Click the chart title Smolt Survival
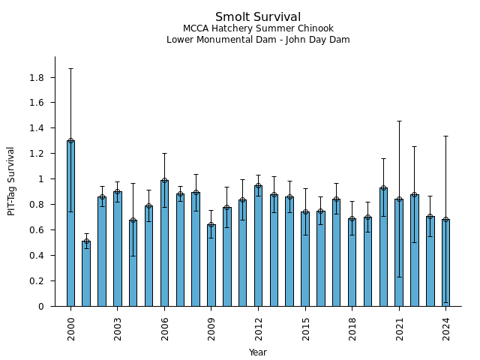tap(258, 17)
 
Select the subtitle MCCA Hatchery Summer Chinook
tap(258, 29)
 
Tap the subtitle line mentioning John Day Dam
tap(258, 40)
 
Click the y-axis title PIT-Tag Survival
tap(11, 181)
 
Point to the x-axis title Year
tap(258, 352)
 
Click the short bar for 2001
tap(86, 274)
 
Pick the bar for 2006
tap(164, 243)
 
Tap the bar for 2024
tap(445, 262)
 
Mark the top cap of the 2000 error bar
tap(70, 69)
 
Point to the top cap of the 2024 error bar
tap(445, 136)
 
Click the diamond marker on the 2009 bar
tap(211, 225)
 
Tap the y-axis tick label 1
tap(41, 179)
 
